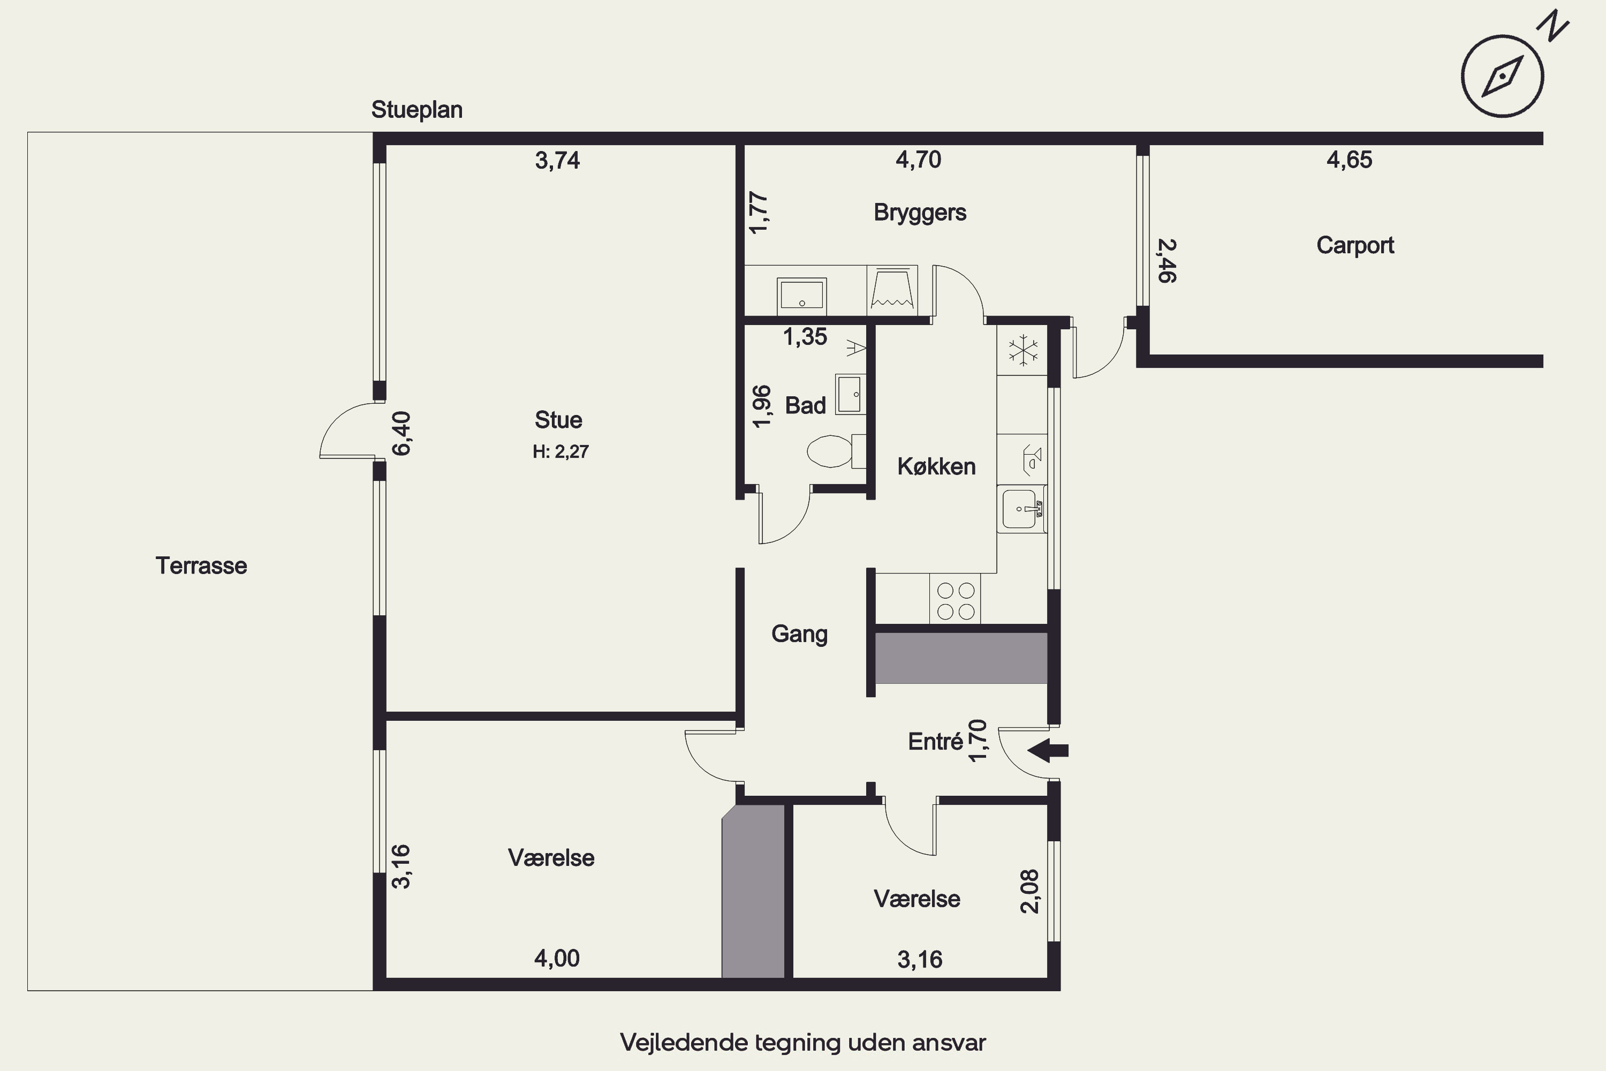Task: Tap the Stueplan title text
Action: pos(416,110)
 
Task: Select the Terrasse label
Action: pos(201,565)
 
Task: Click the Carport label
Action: pos(1355,245)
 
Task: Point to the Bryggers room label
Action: pos(920,213)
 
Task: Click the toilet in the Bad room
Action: pos(836,451)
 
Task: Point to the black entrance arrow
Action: pos(1048,750)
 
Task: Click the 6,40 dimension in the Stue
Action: pos(401,433)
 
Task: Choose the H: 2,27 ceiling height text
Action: pos(560,451)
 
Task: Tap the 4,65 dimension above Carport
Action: pos(1349,160)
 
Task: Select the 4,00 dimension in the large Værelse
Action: pos(557,959)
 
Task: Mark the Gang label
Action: pos(800,635)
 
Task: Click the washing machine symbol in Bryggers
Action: pos(892,290)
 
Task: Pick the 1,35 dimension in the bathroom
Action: pos(805,337)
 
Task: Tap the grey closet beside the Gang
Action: pos(961,658)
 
